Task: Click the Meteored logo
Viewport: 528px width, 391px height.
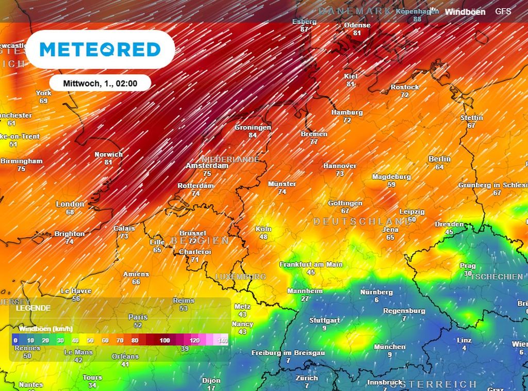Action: pos(100,50)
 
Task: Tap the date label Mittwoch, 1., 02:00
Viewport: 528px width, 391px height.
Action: pos(100,83)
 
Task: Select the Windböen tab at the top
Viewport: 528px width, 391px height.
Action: pos(465,12)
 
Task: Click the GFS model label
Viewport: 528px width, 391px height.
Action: pos(503,11)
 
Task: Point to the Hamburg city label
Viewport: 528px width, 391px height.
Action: pos(347,112)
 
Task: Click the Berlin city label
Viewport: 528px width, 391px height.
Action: pos(439,159)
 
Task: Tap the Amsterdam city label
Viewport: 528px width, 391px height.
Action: pos(207,166)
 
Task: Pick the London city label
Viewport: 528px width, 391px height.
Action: pos(70,204)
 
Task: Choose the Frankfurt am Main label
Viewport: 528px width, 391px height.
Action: pos(311,265)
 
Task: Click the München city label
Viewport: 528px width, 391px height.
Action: pos(390,347)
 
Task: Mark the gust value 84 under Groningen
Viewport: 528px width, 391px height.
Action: pos(253,135)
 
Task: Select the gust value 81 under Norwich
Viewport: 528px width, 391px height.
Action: pos(108,162)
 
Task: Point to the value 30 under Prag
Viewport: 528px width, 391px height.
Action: pos(468,273)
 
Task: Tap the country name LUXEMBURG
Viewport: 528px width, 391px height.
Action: pos(240,277)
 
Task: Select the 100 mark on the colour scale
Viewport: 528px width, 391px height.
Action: pos(164,340)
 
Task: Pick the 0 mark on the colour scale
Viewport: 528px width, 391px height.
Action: pos(16,340)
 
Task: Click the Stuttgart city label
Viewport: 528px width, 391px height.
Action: pos(324,320)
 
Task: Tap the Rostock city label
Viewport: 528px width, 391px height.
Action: pos(404,88)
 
